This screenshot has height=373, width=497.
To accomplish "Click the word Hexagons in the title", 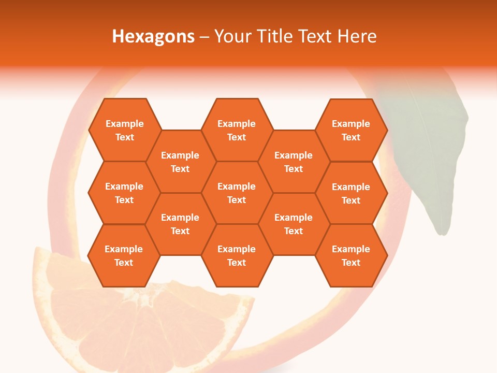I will coord(153,36).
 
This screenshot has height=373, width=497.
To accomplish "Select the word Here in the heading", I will coord(357,36).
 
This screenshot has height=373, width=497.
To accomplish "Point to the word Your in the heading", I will coord(232,36).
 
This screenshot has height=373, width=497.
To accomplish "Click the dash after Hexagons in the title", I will coord(204,37).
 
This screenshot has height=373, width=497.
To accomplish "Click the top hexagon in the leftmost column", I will coord(124,130).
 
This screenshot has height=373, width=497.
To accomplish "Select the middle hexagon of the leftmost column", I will coord(124,193).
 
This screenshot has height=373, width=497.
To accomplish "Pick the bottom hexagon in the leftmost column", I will coord(124,255).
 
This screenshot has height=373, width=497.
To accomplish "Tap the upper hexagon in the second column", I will coord(180,162).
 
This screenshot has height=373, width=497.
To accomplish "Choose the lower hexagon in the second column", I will coord(180,224).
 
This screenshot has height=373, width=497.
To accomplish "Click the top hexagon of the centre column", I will coord(237,130).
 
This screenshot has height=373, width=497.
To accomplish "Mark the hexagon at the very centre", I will coord(237,193).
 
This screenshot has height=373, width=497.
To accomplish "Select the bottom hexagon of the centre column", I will coord(237,255).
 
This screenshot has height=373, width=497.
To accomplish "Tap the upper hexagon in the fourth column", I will coord(294,162).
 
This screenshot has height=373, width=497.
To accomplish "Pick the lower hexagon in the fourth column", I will coord(294,224).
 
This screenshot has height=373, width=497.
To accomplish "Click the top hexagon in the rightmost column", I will coord(351,130).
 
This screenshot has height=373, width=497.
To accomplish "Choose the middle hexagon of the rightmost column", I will coord(351,193).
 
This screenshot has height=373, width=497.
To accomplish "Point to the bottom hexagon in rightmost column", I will coord(351,255).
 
